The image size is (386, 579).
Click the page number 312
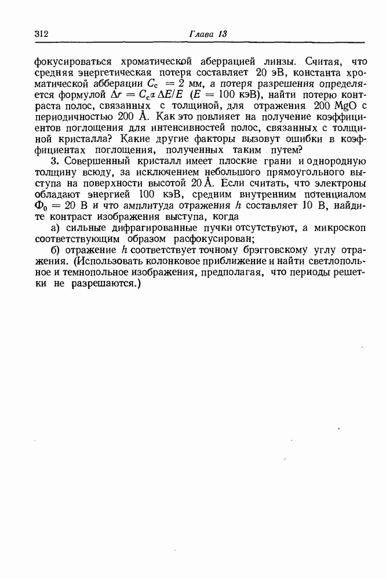(x=41, y=34)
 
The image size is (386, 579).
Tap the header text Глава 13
(x=207, y=34)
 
